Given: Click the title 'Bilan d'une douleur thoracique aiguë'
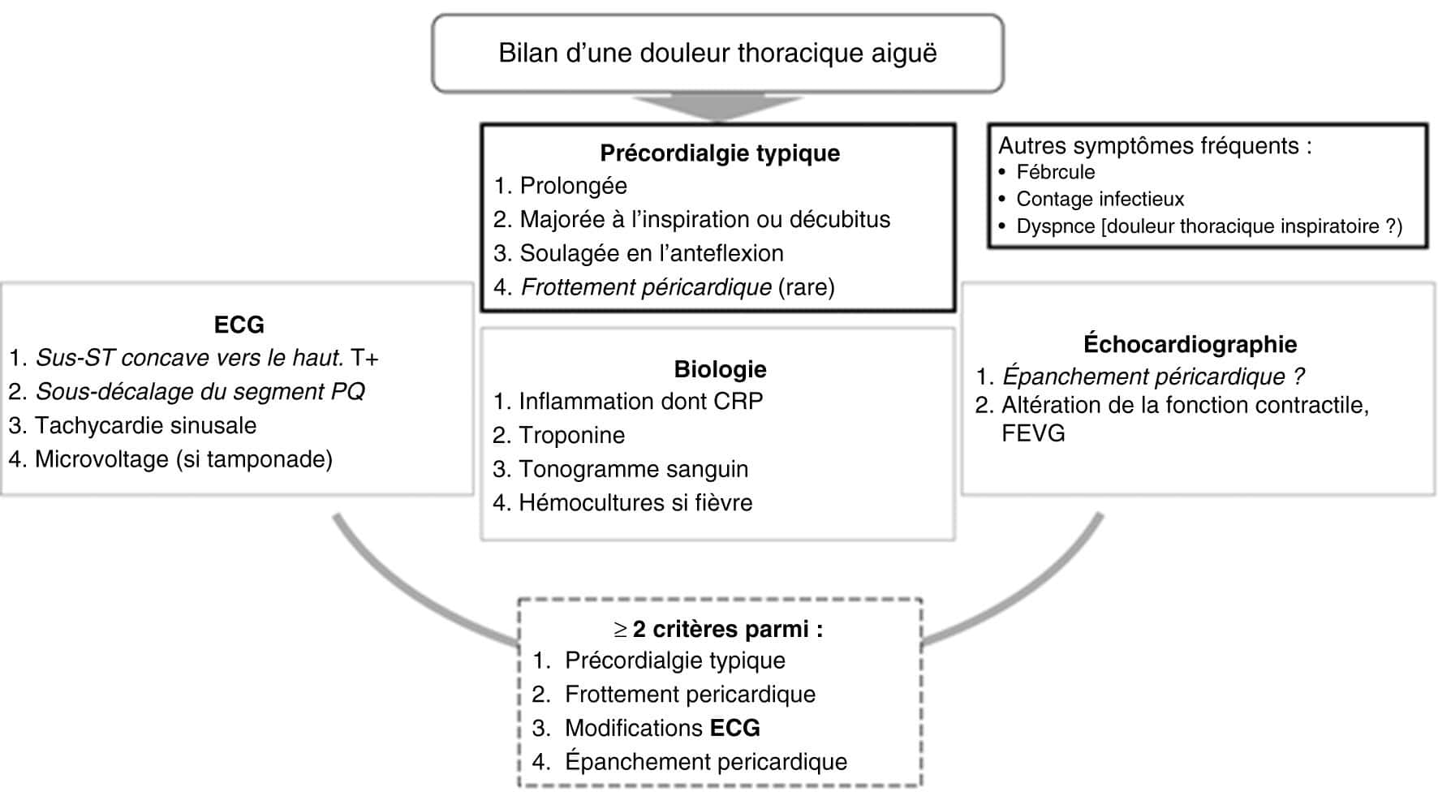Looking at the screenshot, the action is [717, 54].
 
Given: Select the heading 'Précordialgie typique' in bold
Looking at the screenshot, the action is [720, 153].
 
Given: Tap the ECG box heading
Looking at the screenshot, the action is [239, 325].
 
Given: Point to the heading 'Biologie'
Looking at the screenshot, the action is [720, 369].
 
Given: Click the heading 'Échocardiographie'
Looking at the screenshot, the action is [1190, 344].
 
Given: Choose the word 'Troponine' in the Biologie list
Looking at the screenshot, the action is [571, 436].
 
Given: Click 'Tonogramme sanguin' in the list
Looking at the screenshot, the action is [633, 470].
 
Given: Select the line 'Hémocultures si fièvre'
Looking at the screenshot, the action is [635, 503].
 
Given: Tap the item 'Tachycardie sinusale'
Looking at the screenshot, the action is [145, 426].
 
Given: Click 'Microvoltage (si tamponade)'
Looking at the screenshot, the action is [183, 460].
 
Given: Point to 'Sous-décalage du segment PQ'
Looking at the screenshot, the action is [200, 392].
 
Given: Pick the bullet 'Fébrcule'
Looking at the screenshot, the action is [1055, 172].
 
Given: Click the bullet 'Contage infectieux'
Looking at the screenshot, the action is [1100, 199].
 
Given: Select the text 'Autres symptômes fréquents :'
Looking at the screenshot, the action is [1155, 146].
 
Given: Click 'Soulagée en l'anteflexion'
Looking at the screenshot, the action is [652, 253].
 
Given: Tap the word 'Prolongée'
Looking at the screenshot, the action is [573, 186].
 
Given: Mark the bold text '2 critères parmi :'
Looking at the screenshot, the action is [727, 630].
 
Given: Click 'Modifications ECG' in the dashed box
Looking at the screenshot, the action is [662, 728].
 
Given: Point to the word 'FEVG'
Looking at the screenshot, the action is [1033, 433].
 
